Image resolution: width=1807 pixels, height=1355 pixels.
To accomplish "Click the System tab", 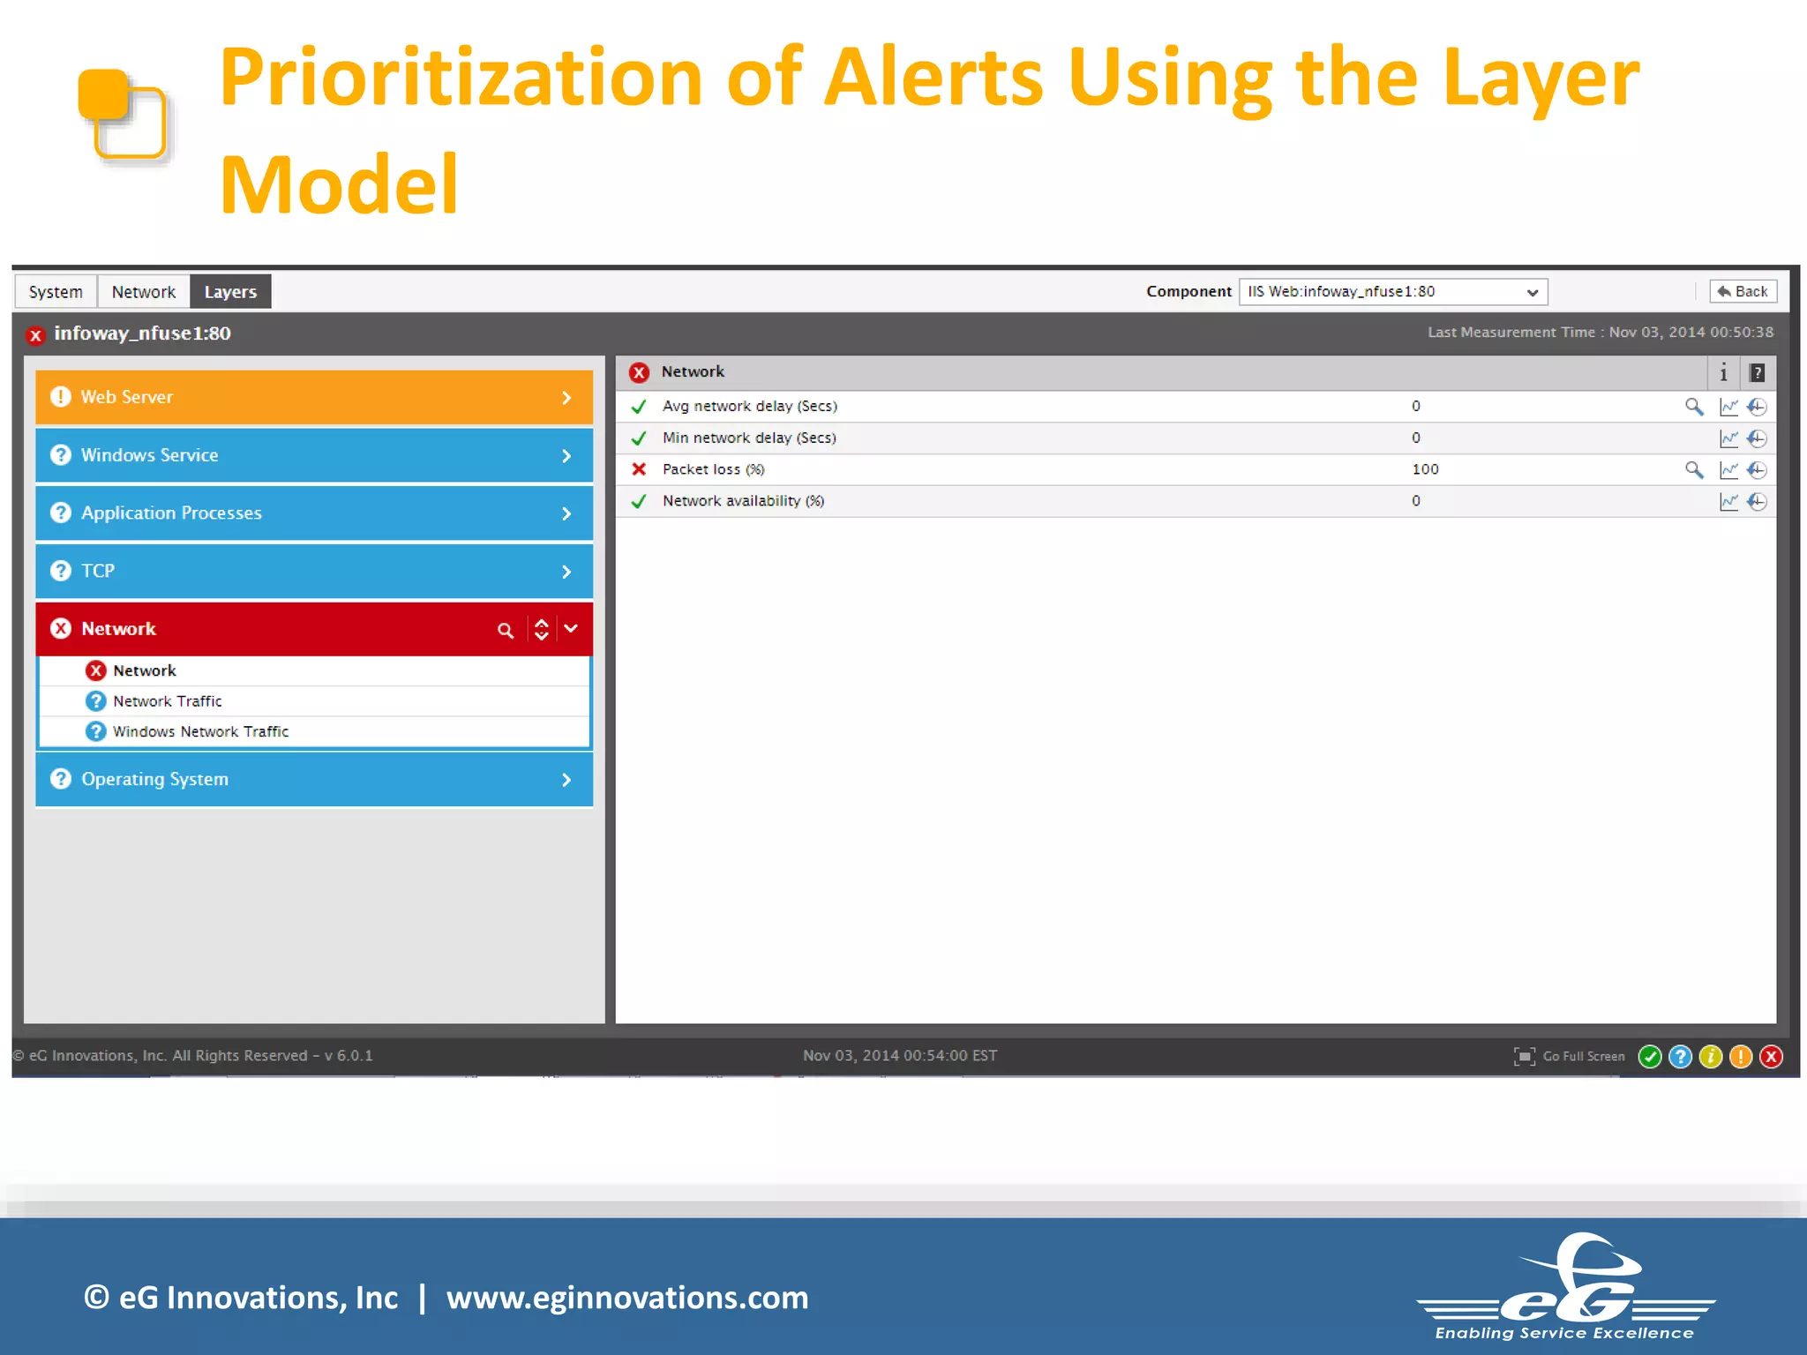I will point(55,292).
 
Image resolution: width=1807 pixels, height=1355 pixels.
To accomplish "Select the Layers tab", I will point(230,292).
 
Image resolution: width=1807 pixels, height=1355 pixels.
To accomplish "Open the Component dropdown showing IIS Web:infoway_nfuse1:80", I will point(1392,292).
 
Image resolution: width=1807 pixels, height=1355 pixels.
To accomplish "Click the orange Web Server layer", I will point(313,397).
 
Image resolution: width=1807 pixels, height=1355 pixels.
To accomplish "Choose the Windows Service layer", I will point(313,455).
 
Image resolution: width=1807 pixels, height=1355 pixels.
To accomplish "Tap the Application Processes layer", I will point(313,513).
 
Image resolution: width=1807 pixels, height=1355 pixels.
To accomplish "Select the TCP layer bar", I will point(313,572).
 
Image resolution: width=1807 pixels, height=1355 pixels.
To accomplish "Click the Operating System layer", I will point(313,780).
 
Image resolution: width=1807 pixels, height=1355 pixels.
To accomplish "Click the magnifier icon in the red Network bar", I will point(506,631).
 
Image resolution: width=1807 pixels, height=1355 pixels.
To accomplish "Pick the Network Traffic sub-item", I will point(168,701).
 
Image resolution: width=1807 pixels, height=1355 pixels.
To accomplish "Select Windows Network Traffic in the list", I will point(200,732).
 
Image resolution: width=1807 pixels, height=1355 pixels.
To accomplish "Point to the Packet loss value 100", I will point(1425,469).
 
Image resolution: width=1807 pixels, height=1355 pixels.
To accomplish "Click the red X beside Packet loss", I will point(640,469).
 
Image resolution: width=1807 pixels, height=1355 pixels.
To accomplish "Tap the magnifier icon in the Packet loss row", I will point(1693,469).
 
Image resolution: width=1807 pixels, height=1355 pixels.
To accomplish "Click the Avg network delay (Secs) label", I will point(749,407).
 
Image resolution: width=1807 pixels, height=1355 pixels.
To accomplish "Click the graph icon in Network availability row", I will point(1728,502).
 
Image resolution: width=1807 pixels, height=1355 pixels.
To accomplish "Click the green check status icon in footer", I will point(1650,1057).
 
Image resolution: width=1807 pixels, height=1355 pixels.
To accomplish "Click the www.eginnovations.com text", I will point(627,1298).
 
